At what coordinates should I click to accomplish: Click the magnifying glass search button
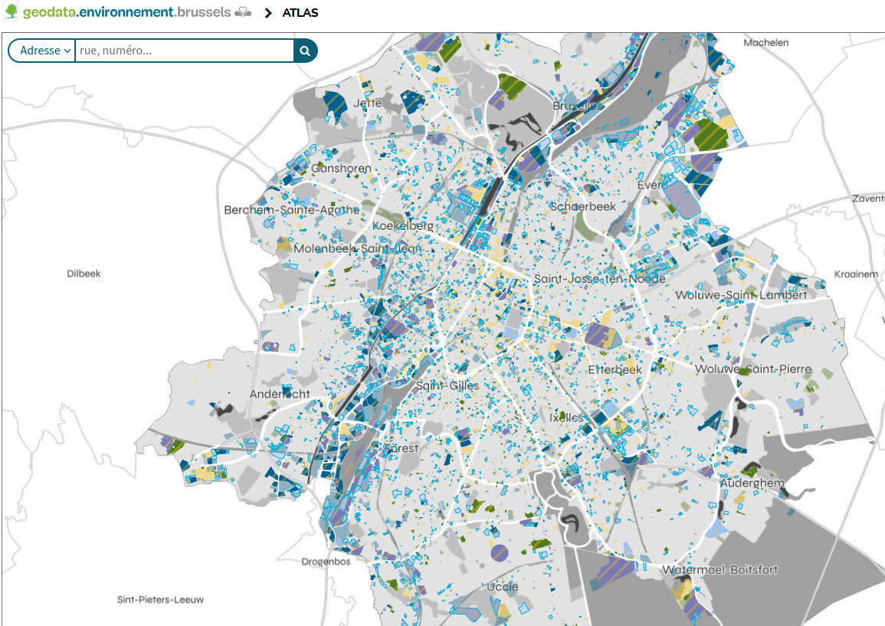click(x=305, y=51)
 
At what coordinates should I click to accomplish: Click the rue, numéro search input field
click(x=184, y=51)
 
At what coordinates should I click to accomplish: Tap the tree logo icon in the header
click(x=11, y=12)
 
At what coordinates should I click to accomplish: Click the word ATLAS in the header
click(x=300, y=13)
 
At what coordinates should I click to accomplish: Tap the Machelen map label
click(x=765, y=43)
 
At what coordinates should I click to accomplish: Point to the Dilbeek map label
click(x=84, y=274)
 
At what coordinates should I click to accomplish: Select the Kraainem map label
click(x=856, y=274)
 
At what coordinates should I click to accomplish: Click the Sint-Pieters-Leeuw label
click(x=160, y=599)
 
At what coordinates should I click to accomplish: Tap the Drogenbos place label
click(x=326, y=562)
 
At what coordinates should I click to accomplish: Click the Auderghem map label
click(x=752, y=483)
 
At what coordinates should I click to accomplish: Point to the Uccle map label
click(x=503, y=587)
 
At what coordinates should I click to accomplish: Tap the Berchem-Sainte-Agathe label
click(x=291, y=210)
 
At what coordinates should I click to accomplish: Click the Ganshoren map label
click(x=342, y=169)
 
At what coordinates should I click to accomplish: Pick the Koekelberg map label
click(x=403, y=226)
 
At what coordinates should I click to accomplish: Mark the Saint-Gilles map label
click(x=447, y=385)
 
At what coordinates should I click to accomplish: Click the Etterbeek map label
click(x=615, y=369)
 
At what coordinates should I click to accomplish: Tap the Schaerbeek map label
click(x=583, y=207)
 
